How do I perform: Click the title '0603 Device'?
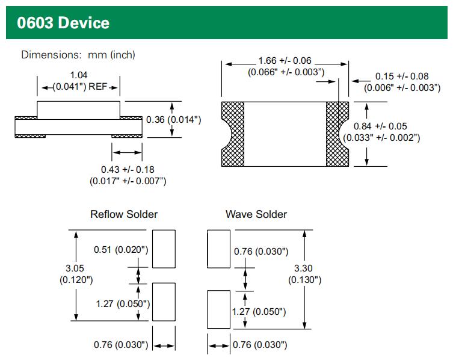coord(64,23)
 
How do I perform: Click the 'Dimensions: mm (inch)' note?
coord(78,55)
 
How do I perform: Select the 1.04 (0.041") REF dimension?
coord(78,81)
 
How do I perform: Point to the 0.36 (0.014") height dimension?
coord(173,120)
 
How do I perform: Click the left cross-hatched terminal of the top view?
coord(232,134)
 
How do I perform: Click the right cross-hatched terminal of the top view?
coord(337,134)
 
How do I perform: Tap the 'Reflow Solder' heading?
coord(124,214)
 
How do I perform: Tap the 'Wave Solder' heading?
coord(256,214)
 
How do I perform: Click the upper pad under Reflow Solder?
coord(164,249)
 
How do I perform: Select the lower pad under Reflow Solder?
coord(164,302)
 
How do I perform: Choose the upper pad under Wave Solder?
coord(218,249)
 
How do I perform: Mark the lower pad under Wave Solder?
coord(218,309)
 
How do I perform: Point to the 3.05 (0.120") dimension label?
coord(76,274)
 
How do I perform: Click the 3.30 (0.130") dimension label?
coord(304,274)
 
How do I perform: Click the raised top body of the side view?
coord(78,110)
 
